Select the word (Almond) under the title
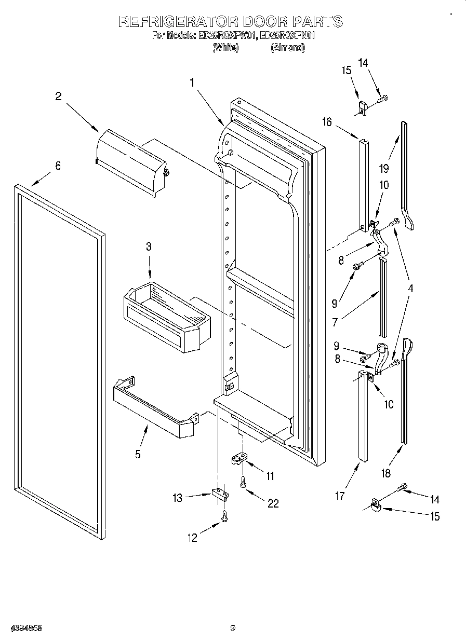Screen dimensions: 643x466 click(x=287, y=47)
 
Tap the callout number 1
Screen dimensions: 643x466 click(x=192, y=82)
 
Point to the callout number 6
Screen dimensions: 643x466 click(x=58, y=166)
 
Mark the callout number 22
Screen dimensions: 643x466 click(x=273, y=503)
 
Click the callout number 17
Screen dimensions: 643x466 click(x=339, y=496)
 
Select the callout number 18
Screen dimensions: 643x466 click(x=385, y=473)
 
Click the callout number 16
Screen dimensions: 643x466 click(x=326, y=122)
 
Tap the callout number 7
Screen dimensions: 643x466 click(x=335, y=322)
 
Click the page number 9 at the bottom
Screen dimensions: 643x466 click(x=233, y=628)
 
